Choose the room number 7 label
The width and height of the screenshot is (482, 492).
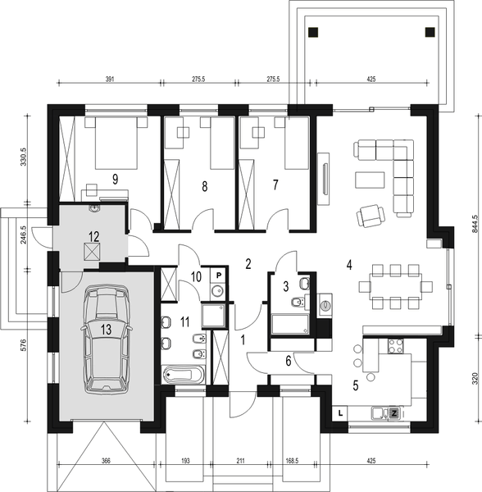(x=276, y=185)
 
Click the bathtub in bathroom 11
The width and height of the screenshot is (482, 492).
(x=184, y=376)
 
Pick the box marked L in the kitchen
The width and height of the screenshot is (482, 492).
(x=340, y=414)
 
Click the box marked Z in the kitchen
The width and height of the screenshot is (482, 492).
(x=393, y=413)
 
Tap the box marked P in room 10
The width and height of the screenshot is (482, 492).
(x=220, y=276)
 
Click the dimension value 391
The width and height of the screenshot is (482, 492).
(x=110, y=80)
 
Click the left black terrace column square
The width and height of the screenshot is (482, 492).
(x=312, y=33)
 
